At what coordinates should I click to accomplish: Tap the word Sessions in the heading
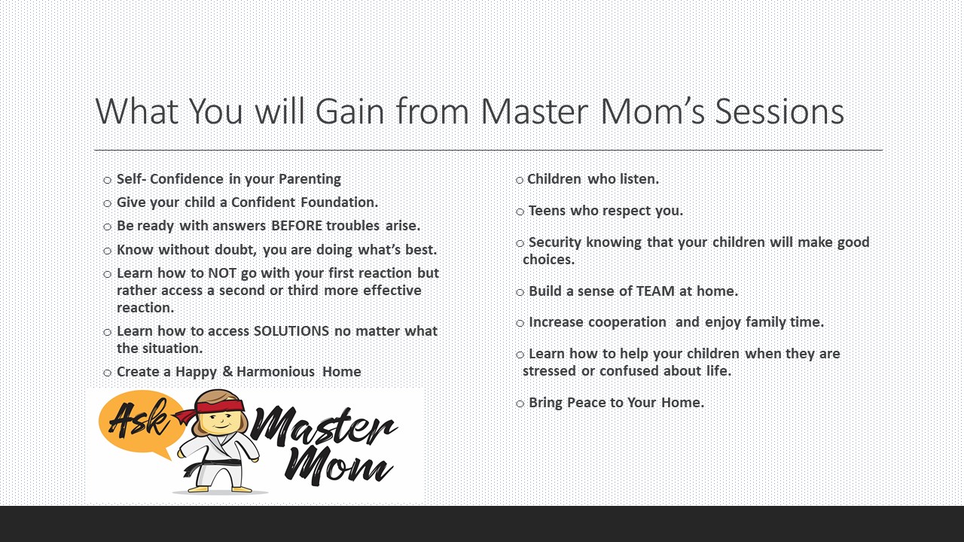point(779,111)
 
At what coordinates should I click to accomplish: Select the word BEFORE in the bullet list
point(297,225)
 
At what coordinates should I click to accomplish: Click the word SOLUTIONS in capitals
point(291,330)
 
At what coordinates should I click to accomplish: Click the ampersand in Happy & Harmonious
point(227,371)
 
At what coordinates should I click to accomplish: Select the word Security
point(555,242)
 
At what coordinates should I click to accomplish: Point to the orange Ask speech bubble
point(140,422)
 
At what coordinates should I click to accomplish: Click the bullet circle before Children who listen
point(520,180)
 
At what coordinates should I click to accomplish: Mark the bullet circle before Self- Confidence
point(107,180)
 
